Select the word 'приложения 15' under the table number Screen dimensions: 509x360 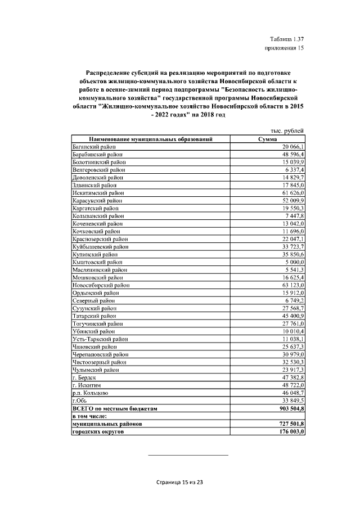point(284,49)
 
